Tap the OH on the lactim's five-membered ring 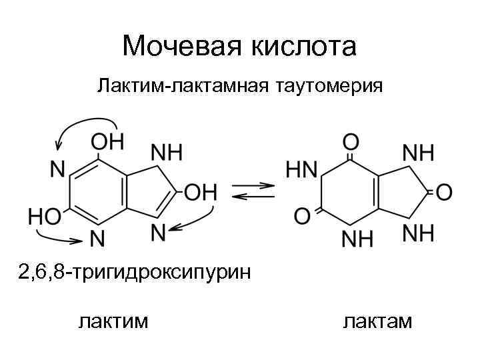tap(200, 193)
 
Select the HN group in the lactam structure tap(301, 169)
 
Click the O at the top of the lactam tap(351, 142)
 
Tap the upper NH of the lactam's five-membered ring tap(418, 152)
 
